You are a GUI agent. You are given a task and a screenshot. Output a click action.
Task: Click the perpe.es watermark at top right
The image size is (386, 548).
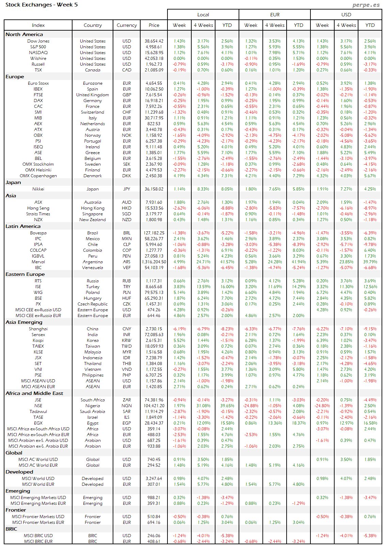[366, 5]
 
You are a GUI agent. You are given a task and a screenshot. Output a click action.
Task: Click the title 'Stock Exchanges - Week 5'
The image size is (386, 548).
[42, 5]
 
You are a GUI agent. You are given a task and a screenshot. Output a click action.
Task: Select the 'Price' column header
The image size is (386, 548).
[154, 25]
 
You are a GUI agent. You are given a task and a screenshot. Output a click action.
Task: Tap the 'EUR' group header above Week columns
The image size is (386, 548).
[275, 15]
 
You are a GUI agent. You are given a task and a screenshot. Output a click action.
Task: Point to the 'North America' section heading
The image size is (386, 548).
[24, 34]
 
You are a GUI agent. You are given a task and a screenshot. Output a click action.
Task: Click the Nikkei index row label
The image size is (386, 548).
[38, 189]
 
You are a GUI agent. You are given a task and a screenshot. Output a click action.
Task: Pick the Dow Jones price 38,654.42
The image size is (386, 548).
[154, 41]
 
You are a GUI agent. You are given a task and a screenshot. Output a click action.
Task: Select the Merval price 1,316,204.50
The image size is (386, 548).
[154, 262]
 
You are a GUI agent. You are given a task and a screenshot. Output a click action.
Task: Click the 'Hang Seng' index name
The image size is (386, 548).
[38, 208]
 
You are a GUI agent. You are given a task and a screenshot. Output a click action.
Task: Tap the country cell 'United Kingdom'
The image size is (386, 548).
[93, 95]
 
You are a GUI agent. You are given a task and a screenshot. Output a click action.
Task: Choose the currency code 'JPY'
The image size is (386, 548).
[127, 189]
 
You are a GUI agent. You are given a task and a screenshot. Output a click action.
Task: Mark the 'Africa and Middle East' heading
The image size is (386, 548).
[34, 393]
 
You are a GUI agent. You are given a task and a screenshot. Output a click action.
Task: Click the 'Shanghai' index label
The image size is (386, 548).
[38, 329]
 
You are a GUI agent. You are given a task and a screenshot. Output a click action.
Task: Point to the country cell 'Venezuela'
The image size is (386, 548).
[93, 268]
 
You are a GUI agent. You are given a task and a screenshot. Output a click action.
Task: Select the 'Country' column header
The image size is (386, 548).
[93, 25]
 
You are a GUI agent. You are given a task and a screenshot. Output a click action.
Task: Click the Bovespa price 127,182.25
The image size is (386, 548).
[154, 233]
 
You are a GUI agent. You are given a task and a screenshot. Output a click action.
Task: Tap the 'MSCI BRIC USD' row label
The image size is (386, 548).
[38, 536]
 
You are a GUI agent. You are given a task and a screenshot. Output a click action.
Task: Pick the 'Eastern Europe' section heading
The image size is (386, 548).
[25, 274]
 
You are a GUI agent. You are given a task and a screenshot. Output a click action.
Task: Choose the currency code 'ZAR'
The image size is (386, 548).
[127, 400]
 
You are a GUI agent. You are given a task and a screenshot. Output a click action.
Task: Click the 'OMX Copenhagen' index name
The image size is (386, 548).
[38, 176]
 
